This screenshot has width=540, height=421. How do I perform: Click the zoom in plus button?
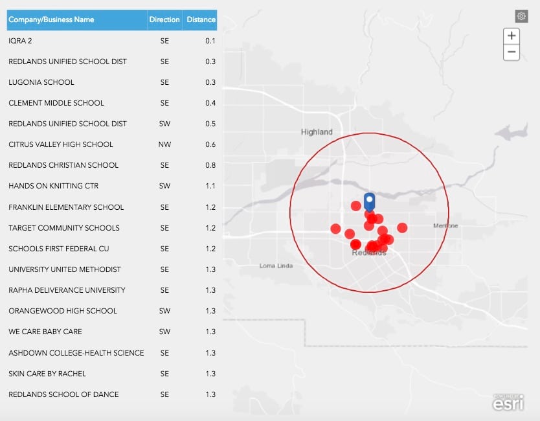click(x=512, y=36)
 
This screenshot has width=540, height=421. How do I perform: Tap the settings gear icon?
click(x=521, y=16)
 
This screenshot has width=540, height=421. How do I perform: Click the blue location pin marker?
click(x=369, y=201)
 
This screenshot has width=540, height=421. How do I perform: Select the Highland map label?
click(x=317, y=132)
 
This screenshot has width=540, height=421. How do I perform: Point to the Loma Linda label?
click(x=276, y=266)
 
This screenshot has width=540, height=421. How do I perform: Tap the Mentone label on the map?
click(x=445, y=225)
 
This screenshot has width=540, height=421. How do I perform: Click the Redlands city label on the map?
click(x=368, y=253)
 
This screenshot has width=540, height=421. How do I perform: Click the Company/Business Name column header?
click(x=51, y=19)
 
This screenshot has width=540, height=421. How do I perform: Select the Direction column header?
click(x=164, y=19)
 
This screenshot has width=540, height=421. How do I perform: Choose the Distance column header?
click(x=201, y=19)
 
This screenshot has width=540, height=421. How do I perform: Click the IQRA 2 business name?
click(x=21, y=41)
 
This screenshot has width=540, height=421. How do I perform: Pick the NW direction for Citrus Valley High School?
click(x=164, y=144)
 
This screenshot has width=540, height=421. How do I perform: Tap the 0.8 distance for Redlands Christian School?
click(x=210, y=165)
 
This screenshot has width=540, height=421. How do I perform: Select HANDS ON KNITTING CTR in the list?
click(x=54, y=186)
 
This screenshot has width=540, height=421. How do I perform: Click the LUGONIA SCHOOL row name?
click(x=41, y=82)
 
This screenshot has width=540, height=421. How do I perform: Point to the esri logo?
click(x=508, y=402)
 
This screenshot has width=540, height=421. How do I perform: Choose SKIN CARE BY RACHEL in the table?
click(x=47, y=374)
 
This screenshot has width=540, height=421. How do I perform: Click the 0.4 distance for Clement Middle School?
click(x=210, y=103)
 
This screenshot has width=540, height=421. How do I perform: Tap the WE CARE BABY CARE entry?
click(x=45, y=332)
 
